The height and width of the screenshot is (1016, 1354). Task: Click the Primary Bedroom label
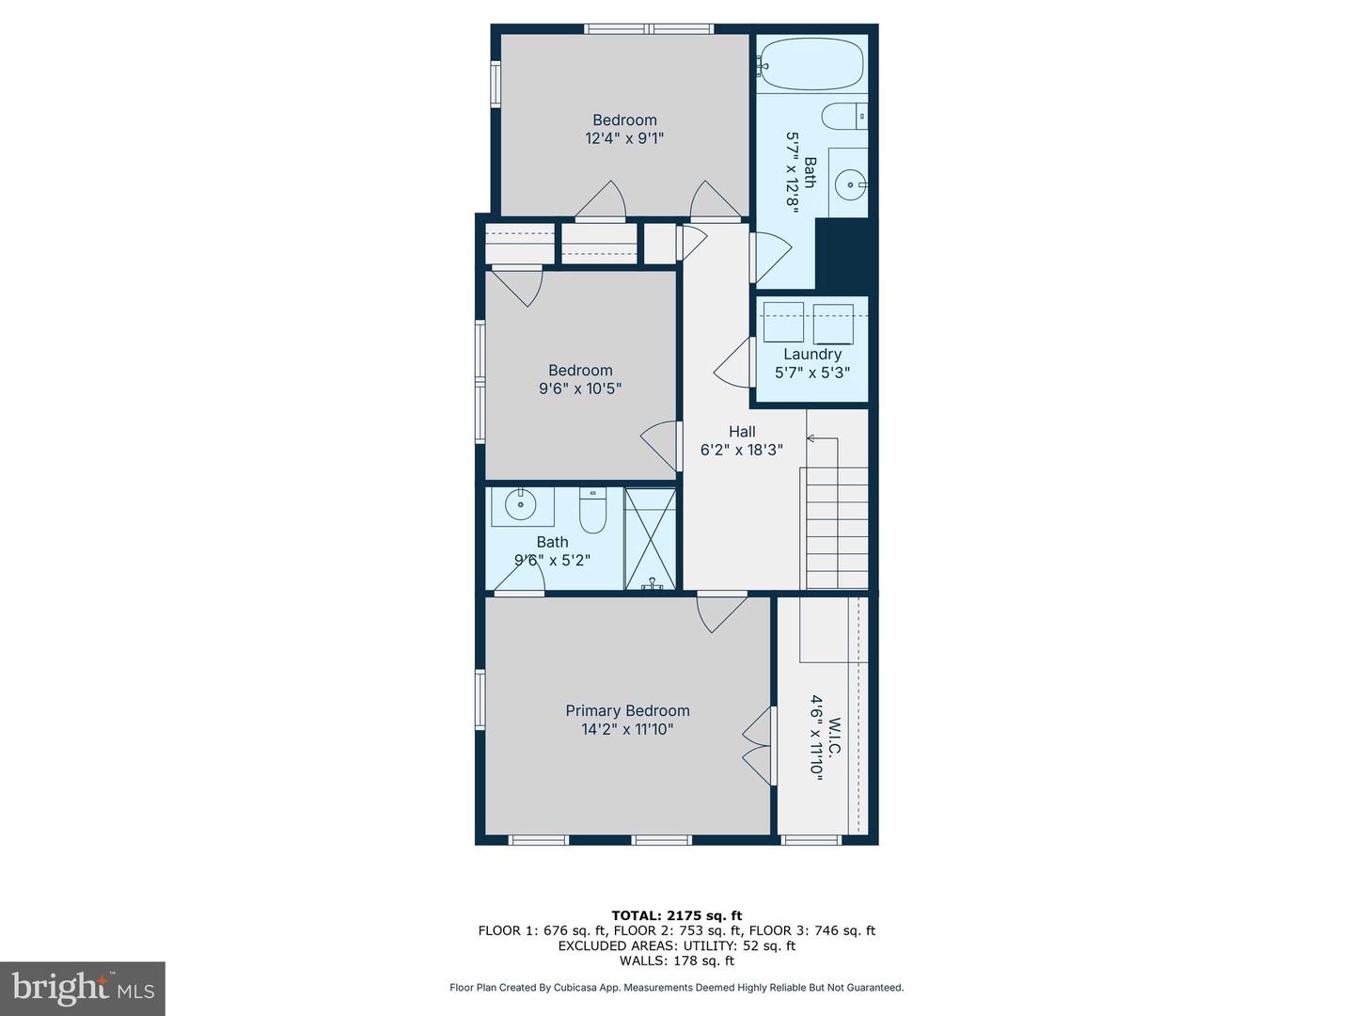(627, 711)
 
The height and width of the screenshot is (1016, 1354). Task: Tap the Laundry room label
(811, 355)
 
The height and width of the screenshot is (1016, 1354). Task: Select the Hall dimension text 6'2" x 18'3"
(741, 451)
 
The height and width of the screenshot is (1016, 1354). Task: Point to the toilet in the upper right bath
(843, 117)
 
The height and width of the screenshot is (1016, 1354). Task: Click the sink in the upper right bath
(849, 184)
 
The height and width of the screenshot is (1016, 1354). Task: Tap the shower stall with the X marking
(651, 538)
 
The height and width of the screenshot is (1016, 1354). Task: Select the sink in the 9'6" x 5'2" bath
(520, 506)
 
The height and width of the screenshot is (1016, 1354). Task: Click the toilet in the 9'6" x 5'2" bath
(592, 512)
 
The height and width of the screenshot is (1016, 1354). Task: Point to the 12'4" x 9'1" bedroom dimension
(624, 138)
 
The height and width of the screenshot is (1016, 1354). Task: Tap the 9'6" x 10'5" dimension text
(580, 389)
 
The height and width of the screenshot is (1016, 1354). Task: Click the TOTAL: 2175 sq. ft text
(676, 915)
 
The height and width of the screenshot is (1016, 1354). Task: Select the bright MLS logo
(83, 988)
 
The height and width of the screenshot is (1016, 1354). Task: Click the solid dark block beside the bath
(843, 256)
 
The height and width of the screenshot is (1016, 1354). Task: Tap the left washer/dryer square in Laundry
(782, 323)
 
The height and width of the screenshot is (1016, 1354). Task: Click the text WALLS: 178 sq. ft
(676, 960)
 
